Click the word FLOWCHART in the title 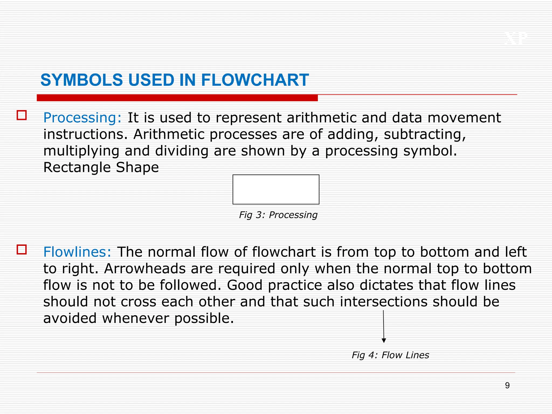pyautogui.click(x=255, y=80)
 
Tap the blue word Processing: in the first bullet pyautogui.click(x=82, y=118)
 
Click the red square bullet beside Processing pyautogui.click(x=22, y=115)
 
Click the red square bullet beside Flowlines pyautogui.click(x=22, y=249)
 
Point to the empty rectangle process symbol pyautogui.click(x=276, y=189)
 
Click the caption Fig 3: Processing pyautogui.click(x=278, y=215)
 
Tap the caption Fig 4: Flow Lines pyautogui.click(x=390, y=355)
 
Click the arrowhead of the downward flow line pyautogui.click(x=384, y=340)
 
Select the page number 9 pyautogui.click(x=507, y=385)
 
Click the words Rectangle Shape pyautogui.click(x=101, y=167)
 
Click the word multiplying pyautogui.click(x=81, y=151)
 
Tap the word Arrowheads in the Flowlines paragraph pyautogui.click(x=145, y=268)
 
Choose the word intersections pyautogui.click(x=384, y=302)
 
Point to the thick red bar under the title pyautogui.click(x=177, y=98)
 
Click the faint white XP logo pyautogui.click(x=516, y=39)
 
